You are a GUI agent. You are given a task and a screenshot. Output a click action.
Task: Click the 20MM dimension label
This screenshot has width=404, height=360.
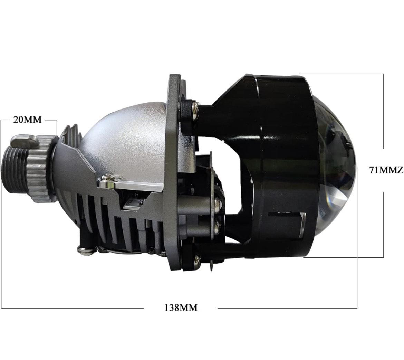[27, 120]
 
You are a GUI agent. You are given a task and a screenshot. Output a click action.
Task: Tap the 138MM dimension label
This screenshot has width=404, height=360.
[181, 307]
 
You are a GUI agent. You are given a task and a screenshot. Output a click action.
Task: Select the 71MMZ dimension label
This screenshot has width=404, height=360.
[386, 170]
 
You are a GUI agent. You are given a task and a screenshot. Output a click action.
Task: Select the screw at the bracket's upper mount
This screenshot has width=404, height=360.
[194, 109]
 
